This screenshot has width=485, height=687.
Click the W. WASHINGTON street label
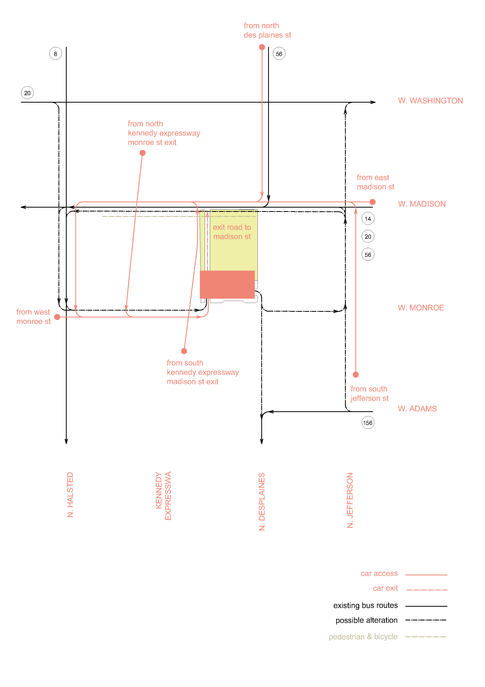point(430,100)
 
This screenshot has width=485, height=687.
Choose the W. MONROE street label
point(420,308)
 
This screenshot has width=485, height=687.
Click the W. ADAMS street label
point(417,409)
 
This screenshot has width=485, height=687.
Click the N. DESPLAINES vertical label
point(262,502)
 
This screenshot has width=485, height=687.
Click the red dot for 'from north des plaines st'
point(262,47)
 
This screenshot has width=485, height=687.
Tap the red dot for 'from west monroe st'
point(57,317)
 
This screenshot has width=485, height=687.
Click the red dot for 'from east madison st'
point(372,202)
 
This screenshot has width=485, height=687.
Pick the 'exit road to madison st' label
point(232,232)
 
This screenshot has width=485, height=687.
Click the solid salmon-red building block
point(227,284)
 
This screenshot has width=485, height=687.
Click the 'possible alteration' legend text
point(366,620)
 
